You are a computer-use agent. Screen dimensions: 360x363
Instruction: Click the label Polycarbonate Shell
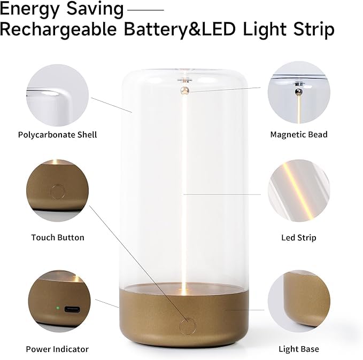57,135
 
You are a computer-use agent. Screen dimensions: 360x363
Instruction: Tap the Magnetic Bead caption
299,135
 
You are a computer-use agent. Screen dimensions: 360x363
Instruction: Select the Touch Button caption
57,237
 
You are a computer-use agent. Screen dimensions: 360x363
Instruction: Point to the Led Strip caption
299,237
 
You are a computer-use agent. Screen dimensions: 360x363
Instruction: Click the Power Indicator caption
57,349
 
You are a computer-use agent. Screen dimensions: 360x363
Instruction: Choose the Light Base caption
299,349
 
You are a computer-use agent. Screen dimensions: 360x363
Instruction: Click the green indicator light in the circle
57,308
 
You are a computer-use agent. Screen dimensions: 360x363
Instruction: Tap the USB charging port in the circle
72,309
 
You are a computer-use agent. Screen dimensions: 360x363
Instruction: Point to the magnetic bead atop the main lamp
185,90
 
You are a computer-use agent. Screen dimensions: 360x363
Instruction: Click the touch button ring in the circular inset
57,191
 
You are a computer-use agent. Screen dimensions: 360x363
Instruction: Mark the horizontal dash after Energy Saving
146,10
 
